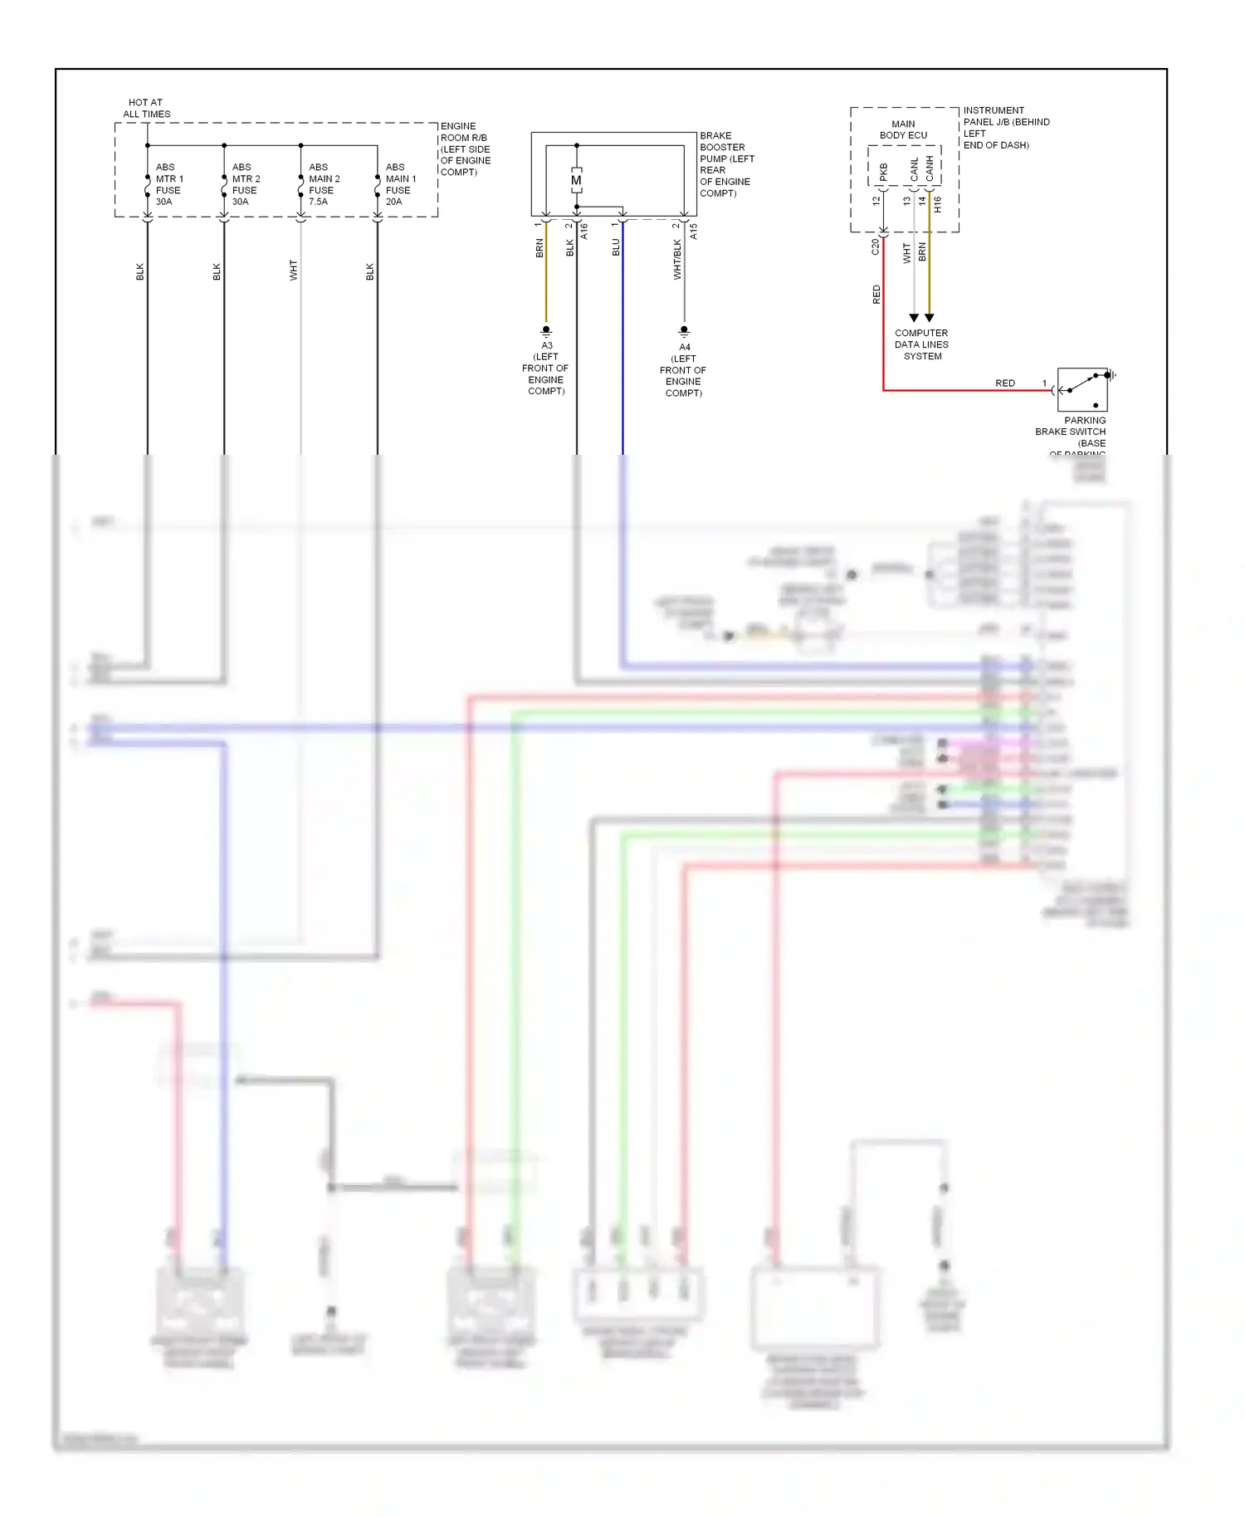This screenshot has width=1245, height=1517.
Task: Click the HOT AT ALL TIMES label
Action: (146, 109)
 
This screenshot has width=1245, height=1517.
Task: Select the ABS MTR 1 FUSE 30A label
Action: (168, 184)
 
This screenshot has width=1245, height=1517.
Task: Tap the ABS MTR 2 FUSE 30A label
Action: (246, 184)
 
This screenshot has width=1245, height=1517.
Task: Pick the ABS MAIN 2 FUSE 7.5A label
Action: (324, 184)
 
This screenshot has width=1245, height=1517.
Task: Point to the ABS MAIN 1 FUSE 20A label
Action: (400, 184)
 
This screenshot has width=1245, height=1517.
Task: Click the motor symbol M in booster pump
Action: (576, 180)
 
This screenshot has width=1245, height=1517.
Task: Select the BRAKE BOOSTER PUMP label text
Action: (726, 164)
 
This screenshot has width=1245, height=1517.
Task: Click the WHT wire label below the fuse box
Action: (293, 270)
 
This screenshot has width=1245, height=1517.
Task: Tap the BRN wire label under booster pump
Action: (539, 248)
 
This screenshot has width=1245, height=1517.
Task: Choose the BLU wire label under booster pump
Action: (616, 247)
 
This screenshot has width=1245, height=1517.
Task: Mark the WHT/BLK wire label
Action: (677, 259)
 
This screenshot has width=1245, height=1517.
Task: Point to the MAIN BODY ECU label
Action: (903, 129)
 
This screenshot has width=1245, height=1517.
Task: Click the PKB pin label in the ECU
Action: (883, 172)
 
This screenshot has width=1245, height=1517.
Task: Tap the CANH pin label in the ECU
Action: (930, 168)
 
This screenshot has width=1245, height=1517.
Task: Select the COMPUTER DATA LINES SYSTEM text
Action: (921, 344)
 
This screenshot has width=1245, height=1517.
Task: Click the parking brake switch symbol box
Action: (1081, 389)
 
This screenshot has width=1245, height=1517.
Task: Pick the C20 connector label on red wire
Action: (875, 246)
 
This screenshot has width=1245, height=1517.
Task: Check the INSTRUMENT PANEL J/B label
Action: (1005, 127)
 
